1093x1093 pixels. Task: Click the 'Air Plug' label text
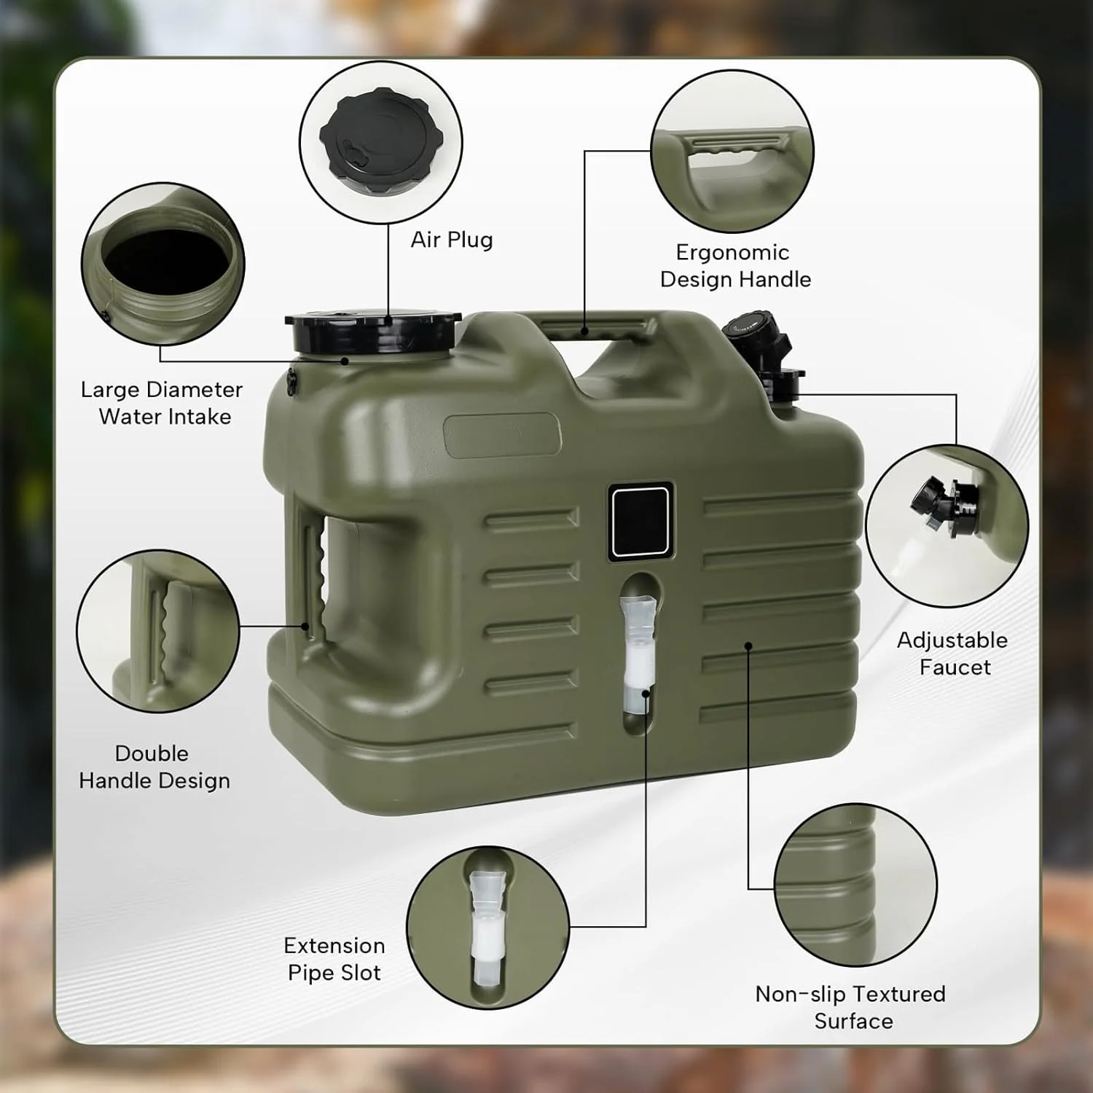coord(452,240)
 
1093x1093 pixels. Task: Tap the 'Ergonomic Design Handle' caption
coord(735,266)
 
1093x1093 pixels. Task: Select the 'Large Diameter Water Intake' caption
coord(162,403)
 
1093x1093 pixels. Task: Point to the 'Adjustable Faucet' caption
coord(953,654)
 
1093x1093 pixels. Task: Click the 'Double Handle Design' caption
coord(154,767)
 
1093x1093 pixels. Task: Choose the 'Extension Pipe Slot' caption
coord(334,959)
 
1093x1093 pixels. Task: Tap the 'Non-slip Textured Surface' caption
coord(851,1007)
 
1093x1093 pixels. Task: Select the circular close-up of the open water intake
coord(163,265)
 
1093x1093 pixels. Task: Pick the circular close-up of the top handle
coord(732,152)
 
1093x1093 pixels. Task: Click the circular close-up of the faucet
coord(947,526)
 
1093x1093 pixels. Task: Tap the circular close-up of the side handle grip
coord(158,631)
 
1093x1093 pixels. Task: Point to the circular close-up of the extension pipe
coord(487,928)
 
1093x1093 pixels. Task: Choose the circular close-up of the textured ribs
coord(855,885)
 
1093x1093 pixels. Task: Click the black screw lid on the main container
coord(373,334)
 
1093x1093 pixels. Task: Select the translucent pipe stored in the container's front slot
coord(638,654)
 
